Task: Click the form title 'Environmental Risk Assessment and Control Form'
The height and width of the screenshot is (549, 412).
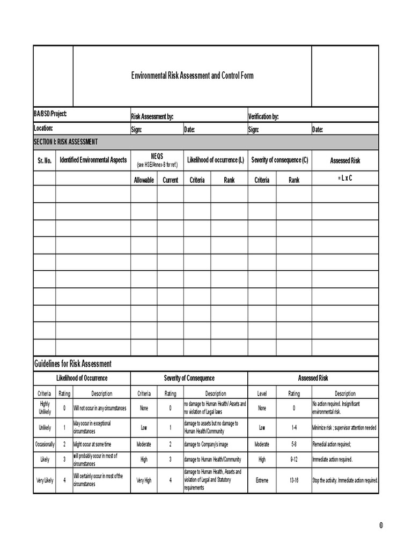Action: [193, 76]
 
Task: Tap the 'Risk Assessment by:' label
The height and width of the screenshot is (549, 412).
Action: [152, 117]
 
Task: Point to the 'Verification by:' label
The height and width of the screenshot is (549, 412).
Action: [263, 117]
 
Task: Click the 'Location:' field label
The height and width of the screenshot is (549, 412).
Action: [43, 129]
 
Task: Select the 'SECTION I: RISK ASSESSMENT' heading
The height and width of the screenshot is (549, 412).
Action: [65, 142]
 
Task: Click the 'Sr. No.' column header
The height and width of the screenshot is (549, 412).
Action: [45, 160]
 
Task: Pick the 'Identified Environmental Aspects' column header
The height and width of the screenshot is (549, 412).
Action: [93, 160]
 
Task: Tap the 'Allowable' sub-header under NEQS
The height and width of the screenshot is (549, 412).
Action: [144, 180]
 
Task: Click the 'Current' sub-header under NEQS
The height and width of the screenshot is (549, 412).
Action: [170, 180]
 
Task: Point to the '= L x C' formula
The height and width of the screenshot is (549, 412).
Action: [345, 178]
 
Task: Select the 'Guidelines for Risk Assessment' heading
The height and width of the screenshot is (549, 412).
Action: [73, 364]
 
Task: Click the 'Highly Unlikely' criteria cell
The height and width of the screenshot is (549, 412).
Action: [45, 408]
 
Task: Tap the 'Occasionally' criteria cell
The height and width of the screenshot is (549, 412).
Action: [45, 444]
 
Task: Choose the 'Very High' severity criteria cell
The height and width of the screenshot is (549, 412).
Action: [144, 480]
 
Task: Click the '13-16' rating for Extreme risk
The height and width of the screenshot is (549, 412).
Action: [294, 480]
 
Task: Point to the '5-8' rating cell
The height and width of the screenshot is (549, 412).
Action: [294, 444]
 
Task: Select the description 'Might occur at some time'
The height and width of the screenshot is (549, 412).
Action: [93, 444]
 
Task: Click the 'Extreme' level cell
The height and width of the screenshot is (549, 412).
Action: [262, 480]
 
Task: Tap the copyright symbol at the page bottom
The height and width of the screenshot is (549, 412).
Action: [381, 525]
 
